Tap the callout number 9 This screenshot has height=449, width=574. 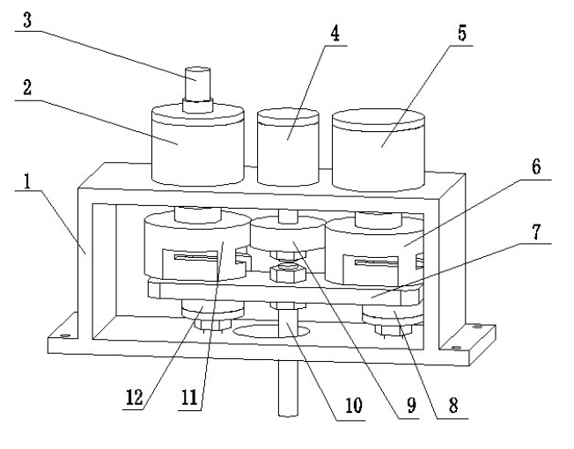tap(409, 406)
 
